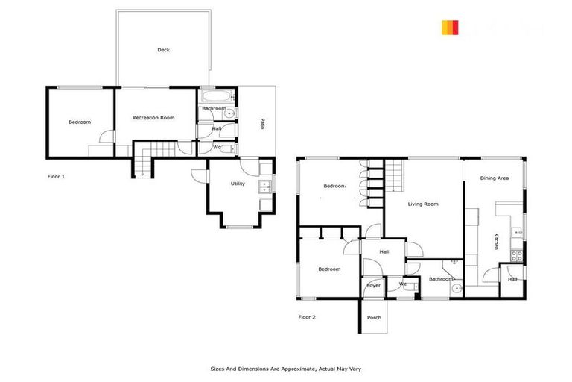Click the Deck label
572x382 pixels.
point(163,50)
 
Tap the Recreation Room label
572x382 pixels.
point(153,118)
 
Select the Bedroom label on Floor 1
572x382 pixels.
point(80,122)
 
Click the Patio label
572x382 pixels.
point(261,125)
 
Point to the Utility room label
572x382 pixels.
point(238,184)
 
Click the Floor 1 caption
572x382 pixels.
point(56,177)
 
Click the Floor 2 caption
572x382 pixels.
point(307,317)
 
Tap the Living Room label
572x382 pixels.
point(422,204)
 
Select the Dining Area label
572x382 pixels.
point(494,178)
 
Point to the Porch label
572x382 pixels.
point(374,318)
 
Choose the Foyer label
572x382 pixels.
point(373,285)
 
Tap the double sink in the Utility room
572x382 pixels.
point(264,187)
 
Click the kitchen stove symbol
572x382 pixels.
point(518,254)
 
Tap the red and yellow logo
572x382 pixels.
point(449,28)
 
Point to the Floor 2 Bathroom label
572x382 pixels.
point(441,279)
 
